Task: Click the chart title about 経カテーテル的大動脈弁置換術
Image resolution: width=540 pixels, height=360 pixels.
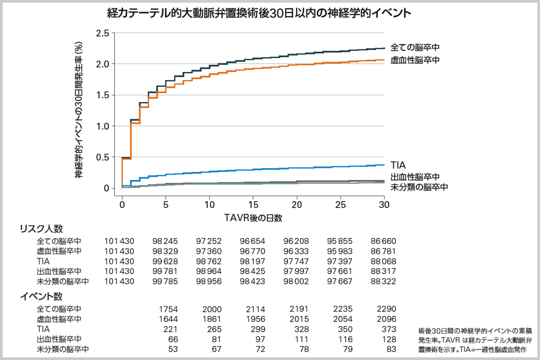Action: click(259, 13)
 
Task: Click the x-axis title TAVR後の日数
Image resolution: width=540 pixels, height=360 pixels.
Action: click(253, 218)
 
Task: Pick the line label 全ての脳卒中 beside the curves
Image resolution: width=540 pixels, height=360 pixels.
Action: click(414, 47)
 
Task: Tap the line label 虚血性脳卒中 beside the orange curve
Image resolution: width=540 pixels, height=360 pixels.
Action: click(414, 60)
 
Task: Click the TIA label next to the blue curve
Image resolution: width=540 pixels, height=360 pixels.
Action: click(398, 165)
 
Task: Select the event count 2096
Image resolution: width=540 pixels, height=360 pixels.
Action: click(386, 319)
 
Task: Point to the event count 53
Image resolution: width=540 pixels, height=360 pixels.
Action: click(173, 349)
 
